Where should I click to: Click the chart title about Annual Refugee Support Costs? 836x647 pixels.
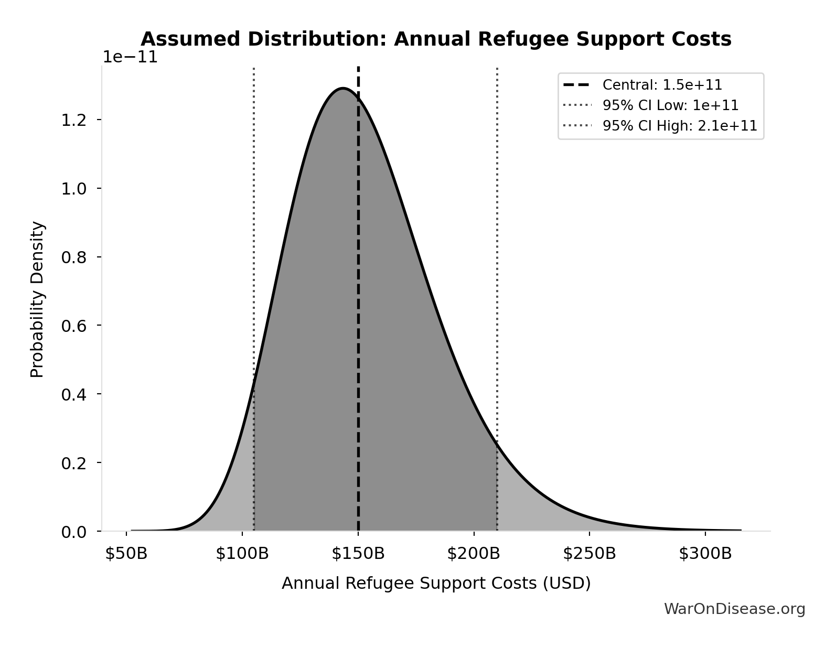(436, 39)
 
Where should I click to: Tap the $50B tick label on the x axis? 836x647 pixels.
(126, 554)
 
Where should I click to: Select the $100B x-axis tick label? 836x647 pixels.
(242, 554)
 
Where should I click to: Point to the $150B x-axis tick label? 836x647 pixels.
(358, 554)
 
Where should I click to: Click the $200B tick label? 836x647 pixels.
(474, 554)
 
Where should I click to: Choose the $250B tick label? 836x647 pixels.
(590, 554)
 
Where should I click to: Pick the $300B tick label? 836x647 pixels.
(705, 554)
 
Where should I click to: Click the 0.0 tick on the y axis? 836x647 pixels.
(73, 532)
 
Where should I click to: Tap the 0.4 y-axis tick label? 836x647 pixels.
(73, 394)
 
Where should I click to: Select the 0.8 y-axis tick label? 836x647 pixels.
(73, 257)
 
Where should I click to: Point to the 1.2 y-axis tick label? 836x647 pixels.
(73, 120)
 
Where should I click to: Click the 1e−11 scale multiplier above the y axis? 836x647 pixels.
(130, 57)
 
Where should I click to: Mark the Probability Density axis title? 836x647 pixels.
(37, 299)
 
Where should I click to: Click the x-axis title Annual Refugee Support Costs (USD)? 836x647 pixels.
(436, 584)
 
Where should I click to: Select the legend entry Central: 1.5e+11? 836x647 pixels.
(662, 85)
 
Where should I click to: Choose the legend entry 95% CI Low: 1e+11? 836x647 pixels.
(670, 105)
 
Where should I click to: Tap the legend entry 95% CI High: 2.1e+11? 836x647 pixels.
(679, 126)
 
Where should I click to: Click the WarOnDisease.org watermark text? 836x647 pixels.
(734, 609)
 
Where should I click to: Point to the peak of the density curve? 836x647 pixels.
(343, 88)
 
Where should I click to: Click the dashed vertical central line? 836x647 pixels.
(358, 315)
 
